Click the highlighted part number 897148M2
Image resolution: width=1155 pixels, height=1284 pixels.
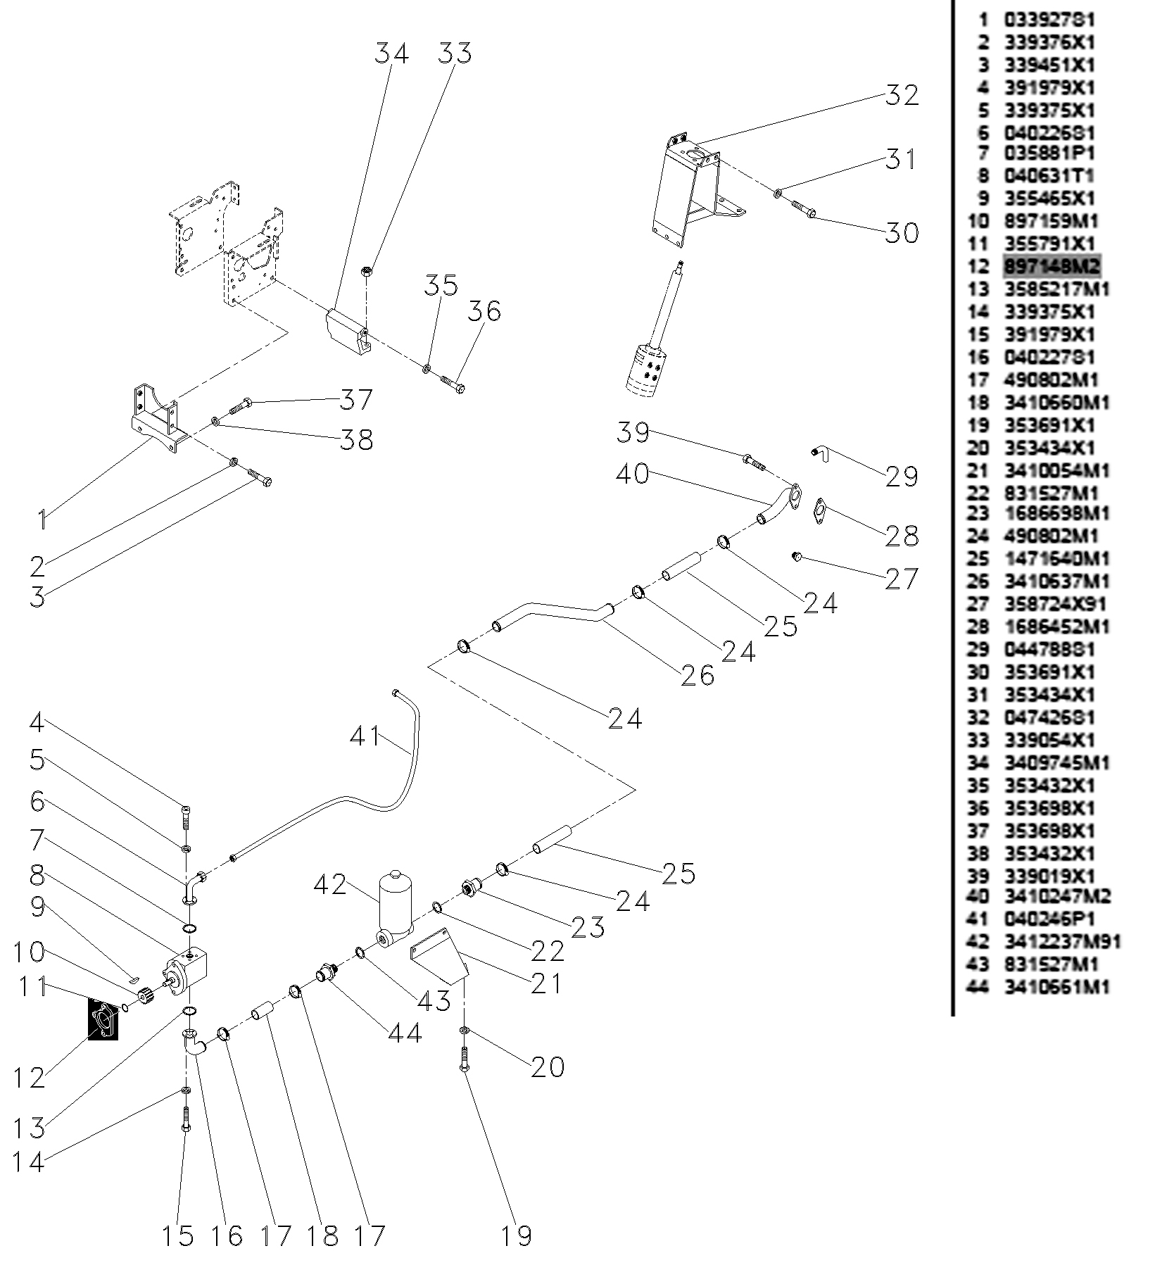(x=1051, y=266)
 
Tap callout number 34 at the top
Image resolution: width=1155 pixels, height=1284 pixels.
(x=391, y=53)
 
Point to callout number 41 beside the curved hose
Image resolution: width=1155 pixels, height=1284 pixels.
(x=365, y=736)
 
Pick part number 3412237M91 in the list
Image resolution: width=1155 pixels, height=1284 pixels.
(x=1061, y=942)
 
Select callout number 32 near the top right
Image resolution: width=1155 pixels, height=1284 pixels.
(x=902, y=95)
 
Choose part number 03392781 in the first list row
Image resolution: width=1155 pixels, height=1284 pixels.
(x=1049, y=20)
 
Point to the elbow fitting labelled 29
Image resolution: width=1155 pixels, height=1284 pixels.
(x=820, y=453)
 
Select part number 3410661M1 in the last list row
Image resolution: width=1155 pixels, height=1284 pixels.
(x=1056, y=987)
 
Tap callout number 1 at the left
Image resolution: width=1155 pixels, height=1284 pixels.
(x=43, y=520)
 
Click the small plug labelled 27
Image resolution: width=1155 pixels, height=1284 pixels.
(x=797, y=557)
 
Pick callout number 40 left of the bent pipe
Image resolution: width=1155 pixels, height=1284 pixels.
(x=632, y=473)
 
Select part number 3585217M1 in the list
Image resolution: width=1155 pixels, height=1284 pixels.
(x=1056, y=289)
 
